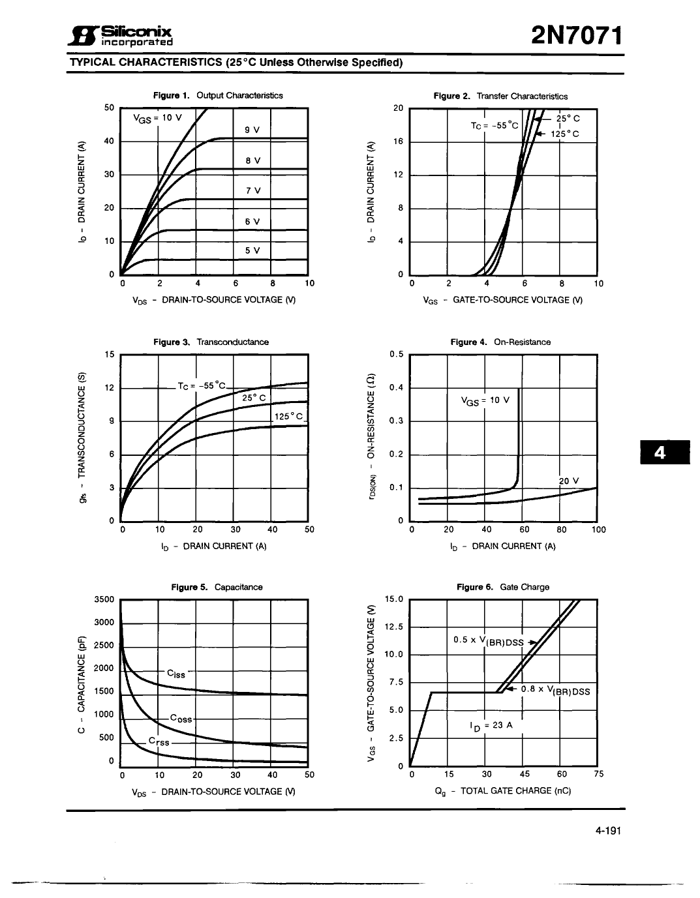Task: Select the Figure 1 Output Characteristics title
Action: pyautogui.click(x=218, y=95)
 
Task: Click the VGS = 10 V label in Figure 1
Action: pyautogui.click(x=157, y=118)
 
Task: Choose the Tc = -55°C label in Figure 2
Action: pyautogui.click(x=494, y=125)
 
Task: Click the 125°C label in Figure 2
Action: pyautogui.click(x=565, y=134)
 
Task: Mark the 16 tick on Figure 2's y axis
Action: pyautogui.click(x=399, y=142)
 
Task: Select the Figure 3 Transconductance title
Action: pyautogui.click(x=211, y=342)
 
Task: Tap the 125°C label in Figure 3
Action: pyautogui.click(x=288, y=416)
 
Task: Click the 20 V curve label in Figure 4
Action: pyautogui.click(x=568, y=481)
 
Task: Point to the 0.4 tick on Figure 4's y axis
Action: pyautogui.click(x=396, y=388)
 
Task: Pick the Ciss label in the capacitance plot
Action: pyautogui.click(x=176, y=674)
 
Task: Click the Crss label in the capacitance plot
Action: pyautogui.click(x=159, y=741)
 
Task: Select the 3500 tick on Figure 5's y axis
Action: pyautogui.click(x=104, y=599)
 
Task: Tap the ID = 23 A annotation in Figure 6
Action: pyautogui.click(x=491, y=725)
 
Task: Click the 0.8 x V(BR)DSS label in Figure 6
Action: pyautogui.click(x=555, y=691)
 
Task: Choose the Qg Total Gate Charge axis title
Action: pyautogui.click(x=502, y=791)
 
